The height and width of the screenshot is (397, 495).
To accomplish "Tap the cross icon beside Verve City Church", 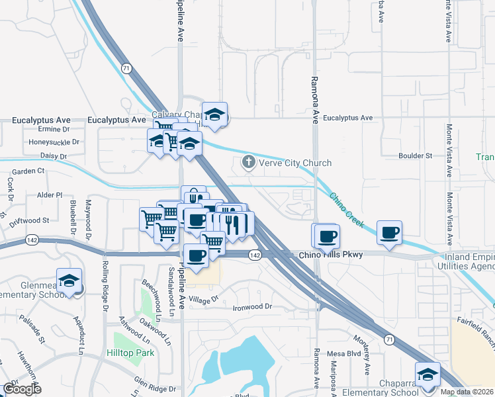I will pyautogui.click(x=249, y=162).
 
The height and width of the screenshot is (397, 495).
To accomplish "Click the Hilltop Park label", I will pyautogui.click(x=130, y=353).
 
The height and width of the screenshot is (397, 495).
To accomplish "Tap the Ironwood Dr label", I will pyautogui.click(x=252, y=307).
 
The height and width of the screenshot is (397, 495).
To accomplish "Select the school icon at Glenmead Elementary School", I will pyautogui.click(x=69, y=281).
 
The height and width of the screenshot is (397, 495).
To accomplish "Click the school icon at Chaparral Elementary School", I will pyautogui.click(x=427, y=375).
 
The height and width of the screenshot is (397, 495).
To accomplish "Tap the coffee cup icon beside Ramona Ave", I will pyautogui.click(x=325, y=236).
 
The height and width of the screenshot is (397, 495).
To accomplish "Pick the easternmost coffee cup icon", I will pyautogui.click(x=390, y=233).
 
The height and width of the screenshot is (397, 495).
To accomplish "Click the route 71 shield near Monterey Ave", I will pyautogui.click(x=390, y=339).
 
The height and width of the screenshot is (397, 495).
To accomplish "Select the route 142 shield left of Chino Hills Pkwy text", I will pyautogui.click(x=255, y=255).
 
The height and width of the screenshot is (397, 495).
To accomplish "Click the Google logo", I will pyautogui.click(x=22, y=389).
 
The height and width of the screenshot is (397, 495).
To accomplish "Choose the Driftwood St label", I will pyautogui.click(x=28, y=220).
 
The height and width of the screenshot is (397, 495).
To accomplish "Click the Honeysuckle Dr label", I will pyautogui.click(x=54, y=142).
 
